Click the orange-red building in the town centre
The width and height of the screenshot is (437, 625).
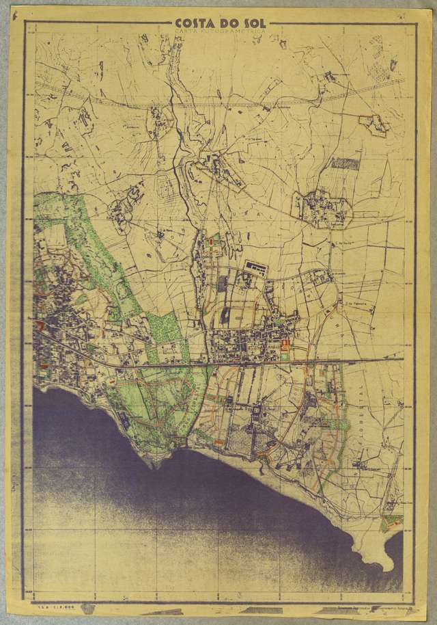tap(285, 343)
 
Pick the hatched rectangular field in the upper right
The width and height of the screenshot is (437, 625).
tap(345, 163)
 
